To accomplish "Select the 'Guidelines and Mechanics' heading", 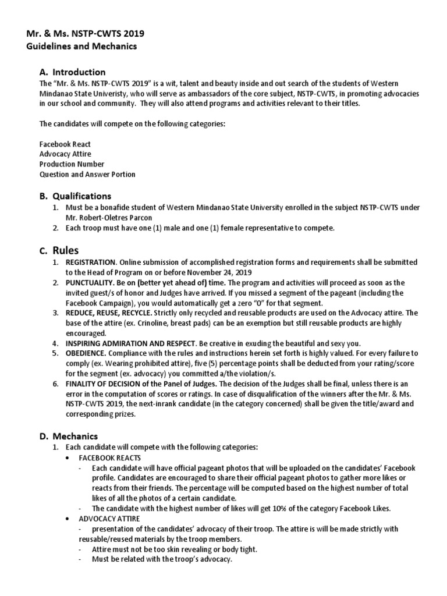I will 83,45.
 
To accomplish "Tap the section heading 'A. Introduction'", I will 73,72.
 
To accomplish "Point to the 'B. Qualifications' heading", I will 75,196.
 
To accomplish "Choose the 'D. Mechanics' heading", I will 69,436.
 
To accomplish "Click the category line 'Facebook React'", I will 65,143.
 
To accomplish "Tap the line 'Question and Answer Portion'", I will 87,174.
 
